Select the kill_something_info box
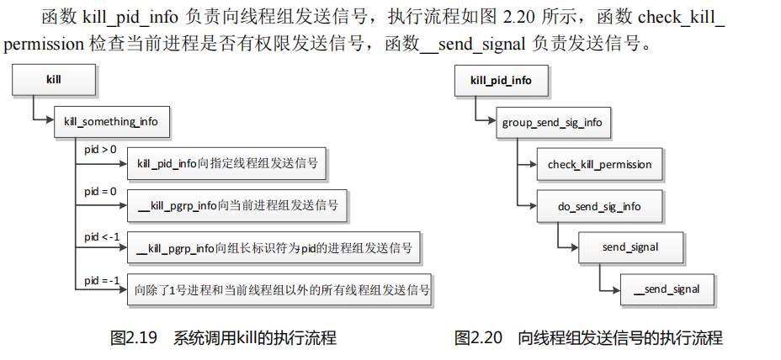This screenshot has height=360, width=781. click(x=110, y=121)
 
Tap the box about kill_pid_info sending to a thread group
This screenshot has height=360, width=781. click(x=227, y=163)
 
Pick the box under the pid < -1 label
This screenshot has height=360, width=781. click(x=274, y=248)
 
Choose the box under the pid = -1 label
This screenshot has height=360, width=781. click(x=282, y=291)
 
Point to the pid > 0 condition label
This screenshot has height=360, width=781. click(x=100, y=150)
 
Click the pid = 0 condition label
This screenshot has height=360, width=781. click(x=100, y=193)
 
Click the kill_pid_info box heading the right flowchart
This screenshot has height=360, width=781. click(x=500, y=81)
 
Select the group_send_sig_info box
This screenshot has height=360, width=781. click(x=551, y=122)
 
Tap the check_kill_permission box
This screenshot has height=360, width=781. click(x=599, y=164)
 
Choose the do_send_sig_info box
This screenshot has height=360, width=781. click(x=598, y=205)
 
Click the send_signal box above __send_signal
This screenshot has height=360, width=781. click(x=630, y=247)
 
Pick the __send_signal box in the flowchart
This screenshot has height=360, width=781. click(x=667, y=289)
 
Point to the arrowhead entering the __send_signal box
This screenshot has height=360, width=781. click(x=616, y=289)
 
